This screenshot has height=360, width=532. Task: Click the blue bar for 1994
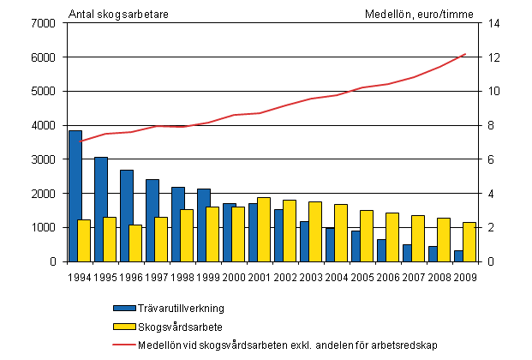click(x=75, y=196)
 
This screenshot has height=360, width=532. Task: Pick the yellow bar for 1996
click(x=134, y=243)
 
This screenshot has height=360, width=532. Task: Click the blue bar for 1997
click(x=152, y=220)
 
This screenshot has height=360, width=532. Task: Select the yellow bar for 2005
click(x=366, y=236)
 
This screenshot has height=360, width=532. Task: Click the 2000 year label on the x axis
click(x=233, y=277)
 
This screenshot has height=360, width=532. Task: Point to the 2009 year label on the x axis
click(x=464, y=277)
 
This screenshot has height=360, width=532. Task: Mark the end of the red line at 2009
click(x=464, y=54)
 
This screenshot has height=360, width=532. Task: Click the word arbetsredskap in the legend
click(x=404, y=345)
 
